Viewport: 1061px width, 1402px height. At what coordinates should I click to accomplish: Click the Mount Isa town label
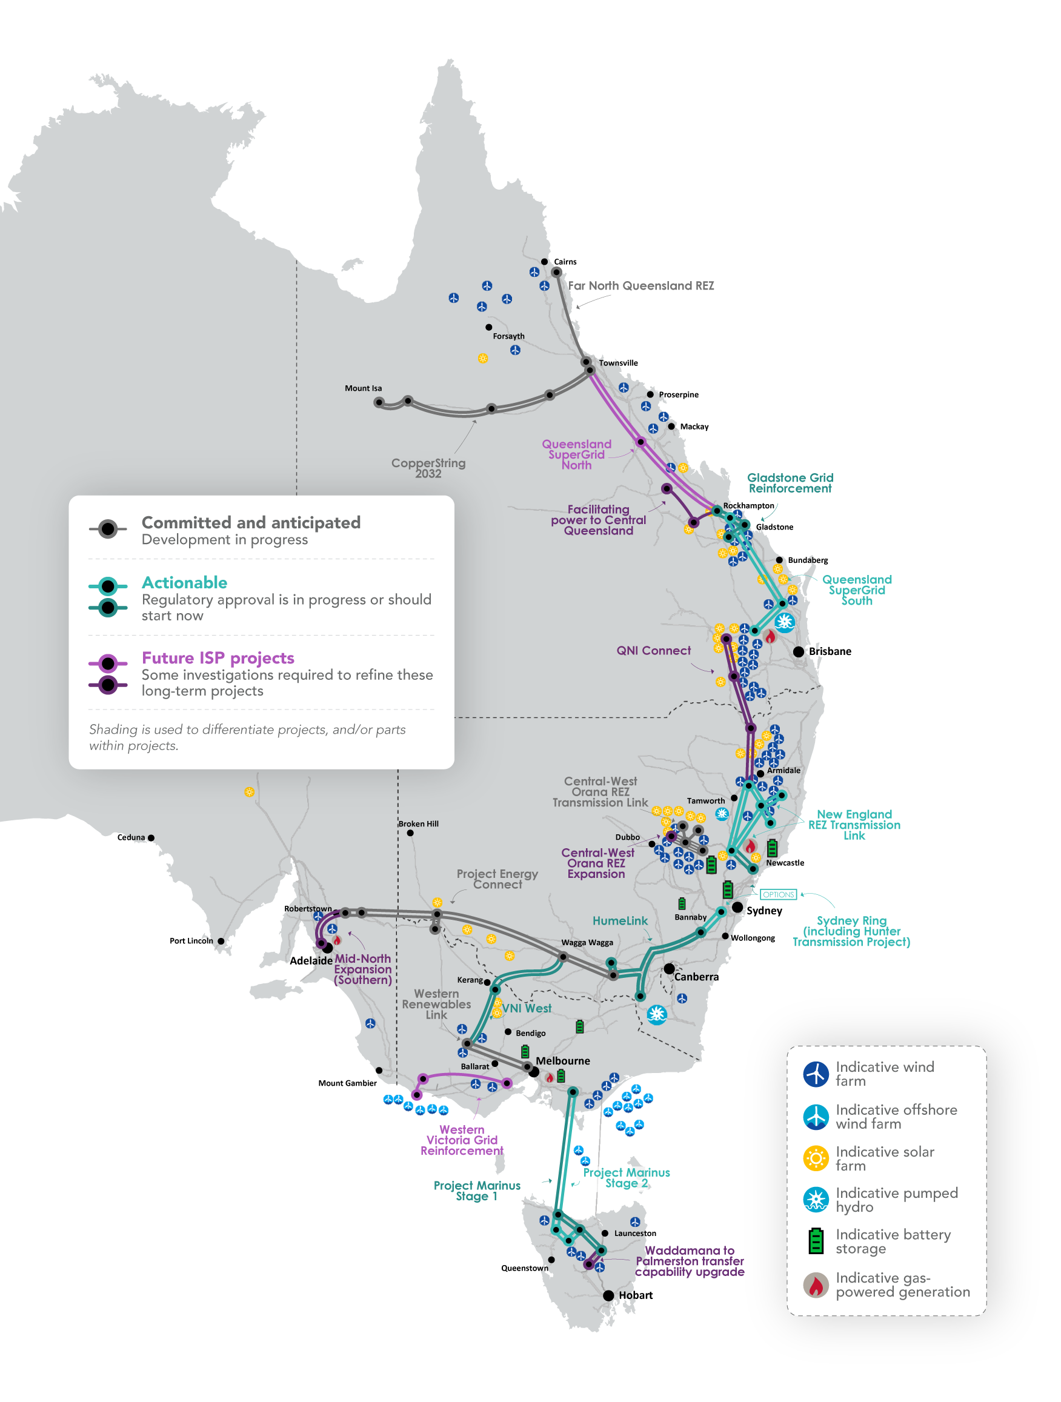tap(363, 388)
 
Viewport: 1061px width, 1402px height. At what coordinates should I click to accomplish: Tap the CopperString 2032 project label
tap(428, 468)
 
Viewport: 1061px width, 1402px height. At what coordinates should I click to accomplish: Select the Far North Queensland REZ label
tap(641, 286)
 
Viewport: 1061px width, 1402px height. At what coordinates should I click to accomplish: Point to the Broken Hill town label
tap(418, 823)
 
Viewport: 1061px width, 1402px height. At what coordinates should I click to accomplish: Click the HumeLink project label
tap(620, 920)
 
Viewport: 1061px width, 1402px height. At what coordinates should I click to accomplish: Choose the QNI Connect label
tap(653, 650)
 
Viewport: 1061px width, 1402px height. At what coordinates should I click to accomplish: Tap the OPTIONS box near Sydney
tap(777, 894)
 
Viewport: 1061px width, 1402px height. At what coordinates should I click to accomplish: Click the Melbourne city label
tap(563, 1060)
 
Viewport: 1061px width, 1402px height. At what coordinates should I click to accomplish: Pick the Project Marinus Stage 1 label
tap(477, 1191)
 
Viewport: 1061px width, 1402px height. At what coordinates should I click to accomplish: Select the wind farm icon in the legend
tap(816, 1074)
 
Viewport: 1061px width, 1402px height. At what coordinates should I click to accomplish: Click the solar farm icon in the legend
tap(816, 1158)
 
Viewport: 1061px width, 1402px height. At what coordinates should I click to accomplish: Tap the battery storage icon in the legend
tap(816, 1241)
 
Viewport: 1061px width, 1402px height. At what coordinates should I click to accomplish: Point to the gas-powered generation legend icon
tap(816, 1284)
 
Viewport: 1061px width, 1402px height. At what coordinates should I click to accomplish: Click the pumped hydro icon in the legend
tap(816, 1200)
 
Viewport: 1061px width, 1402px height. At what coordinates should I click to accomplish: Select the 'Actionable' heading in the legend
tap(184, 582)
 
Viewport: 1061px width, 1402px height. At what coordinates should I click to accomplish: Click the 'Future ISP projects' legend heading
tap(218, 658)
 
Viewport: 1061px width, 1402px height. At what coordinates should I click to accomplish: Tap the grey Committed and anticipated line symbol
tap(108, 528)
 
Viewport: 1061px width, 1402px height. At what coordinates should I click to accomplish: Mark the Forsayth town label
tap(508, 336)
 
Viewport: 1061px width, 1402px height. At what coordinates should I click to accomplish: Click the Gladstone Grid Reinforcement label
tap(790, 483)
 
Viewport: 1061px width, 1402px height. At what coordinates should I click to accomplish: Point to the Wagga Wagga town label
tap(587, 943)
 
